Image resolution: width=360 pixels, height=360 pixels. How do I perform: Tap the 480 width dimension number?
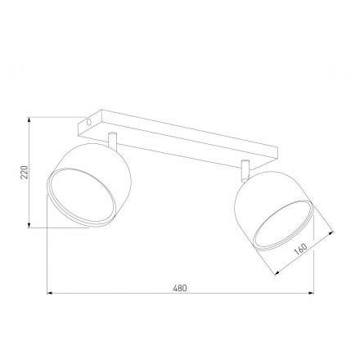click(x=180, y=287)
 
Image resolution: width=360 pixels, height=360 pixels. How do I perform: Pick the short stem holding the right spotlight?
click(x=244, y=171)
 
